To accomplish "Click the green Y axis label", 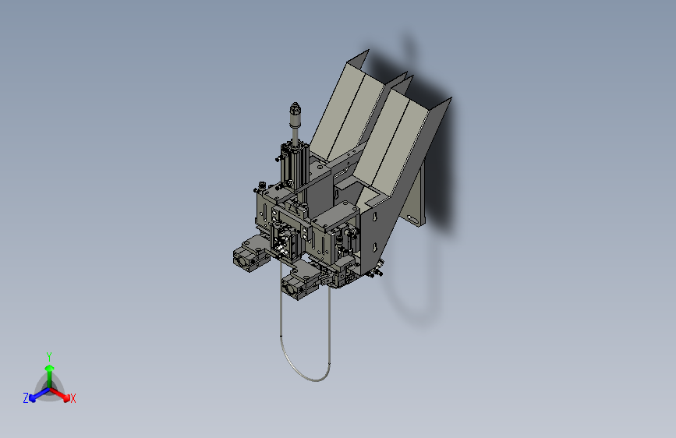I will click(x=49, y=355).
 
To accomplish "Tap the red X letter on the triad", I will click(x=73, y=399).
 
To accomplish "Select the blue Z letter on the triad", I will click(x=26, y=398).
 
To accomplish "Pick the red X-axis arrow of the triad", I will click(x=62, y=394).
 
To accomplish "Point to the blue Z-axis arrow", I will click(x=36, y=394).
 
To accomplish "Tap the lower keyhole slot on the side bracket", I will click(x=377, y=248).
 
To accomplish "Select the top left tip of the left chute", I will click(x=366, y=52).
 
